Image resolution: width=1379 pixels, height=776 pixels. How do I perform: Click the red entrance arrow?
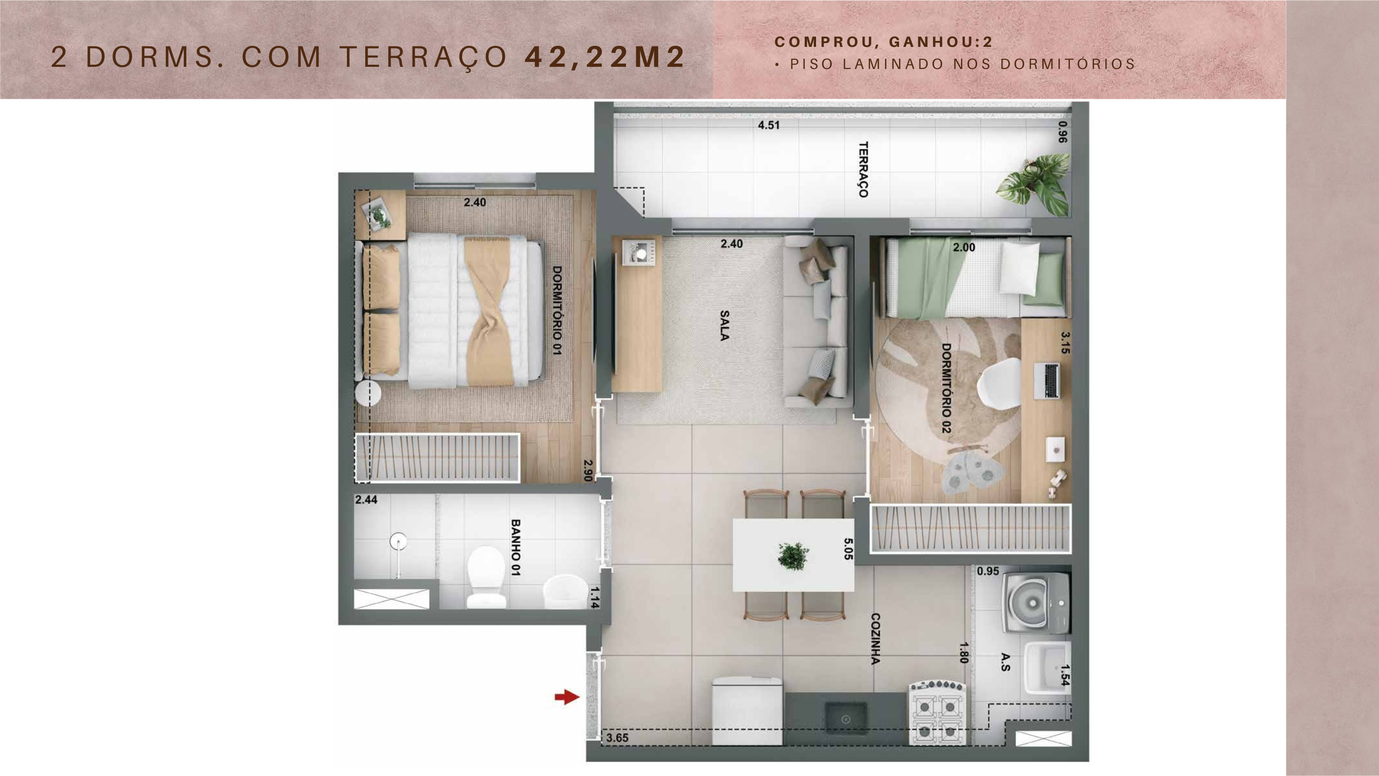click(x=567, y=697)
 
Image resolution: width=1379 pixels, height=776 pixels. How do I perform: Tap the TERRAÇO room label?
click(x=863, y=170)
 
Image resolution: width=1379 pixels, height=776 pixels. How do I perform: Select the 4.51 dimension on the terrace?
click(x=769, y=125)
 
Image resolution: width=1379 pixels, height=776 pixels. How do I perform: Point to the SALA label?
click(x=725, y=325)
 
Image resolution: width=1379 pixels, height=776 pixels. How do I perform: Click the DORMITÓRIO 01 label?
click(x=557, y=310)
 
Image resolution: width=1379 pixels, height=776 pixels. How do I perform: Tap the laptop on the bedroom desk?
click(x=1047, y=381)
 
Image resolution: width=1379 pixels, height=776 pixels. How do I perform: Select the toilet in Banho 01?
click(x=486, y=577)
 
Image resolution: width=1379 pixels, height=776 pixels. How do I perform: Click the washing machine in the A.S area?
click(x=1035, y=603)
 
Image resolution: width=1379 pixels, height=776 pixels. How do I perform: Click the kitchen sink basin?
click(x=846, y=718)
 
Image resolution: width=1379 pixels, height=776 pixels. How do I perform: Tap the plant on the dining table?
click(x=793, y=556)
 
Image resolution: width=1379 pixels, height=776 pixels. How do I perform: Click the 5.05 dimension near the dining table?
click(x=848, y=549)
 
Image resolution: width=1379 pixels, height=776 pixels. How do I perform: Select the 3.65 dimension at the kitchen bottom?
click(x=617, y=738)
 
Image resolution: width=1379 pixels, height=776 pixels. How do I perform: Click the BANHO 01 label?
click(x=516, y=548)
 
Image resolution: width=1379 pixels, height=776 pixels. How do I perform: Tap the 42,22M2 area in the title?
click(x=605, y=57)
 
